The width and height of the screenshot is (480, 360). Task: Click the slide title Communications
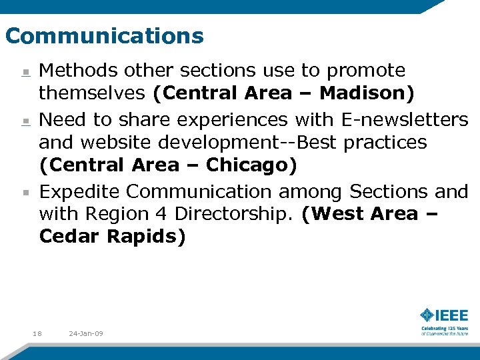[x=104, y=35]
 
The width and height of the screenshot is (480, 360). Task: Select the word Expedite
[x=80, y=191]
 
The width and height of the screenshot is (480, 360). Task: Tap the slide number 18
[x=37, y=333]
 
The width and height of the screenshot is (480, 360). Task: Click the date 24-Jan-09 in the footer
[x=86, y=333]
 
